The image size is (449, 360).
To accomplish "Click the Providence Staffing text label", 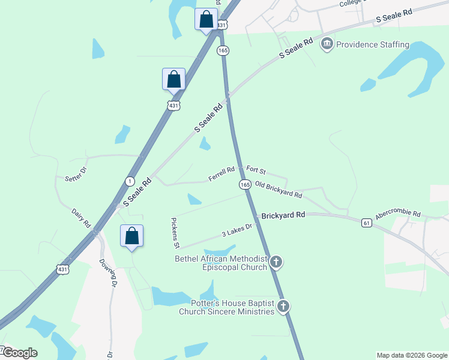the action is click(x=372, y=44).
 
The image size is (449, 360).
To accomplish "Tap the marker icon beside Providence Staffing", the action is click(x=327, y=43).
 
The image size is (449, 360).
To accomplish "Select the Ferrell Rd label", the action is click(x=221, y=174).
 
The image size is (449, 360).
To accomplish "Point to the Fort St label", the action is click(x=256, y=172).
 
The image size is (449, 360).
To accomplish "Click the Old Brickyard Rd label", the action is click(x=278, y=190).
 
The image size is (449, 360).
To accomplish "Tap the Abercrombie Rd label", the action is click(x=398, y=215).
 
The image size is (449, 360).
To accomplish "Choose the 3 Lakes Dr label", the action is click(x=239, y=230).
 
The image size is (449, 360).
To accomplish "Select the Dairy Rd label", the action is click(x=80, y=217).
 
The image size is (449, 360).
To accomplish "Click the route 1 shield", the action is click(x=130, y=181).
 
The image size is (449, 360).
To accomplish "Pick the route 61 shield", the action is click(x=366, y=223).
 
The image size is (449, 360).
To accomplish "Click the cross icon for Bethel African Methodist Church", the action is click(x=276, y=262).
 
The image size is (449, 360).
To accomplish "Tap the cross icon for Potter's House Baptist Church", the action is click(x=283, y=307).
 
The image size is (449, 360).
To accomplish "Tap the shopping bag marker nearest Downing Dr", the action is click(x=132, y=236).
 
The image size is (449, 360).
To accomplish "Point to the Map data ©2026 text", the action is click(x=411, y=355).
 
